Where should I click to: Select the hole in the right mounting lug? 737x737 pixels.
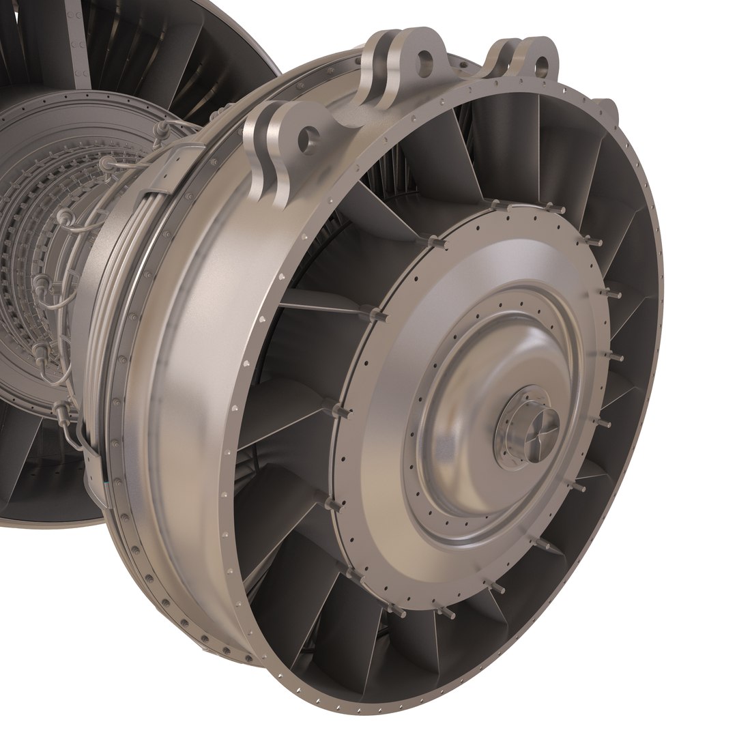(x=541, y=66)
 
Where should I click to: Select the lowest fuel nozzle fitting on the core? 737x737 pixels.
(x=62, y=409)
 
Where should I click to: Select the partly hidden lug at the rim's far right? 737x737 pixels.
(x=607, y=109)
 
